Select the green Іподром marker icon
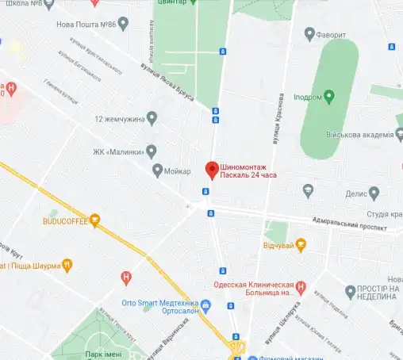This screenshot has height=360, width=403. point(328,96)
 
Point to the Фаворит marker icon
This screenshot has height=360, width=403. point(310,35)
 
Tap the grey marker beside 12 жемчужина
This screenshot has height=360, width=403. point(152,118)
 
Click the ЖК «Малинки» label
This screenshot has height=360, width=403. point(120,149)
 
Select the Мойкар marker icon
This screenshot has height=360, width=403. point(157,170)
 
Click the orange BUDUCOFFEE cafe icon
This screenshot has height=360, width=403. point(94,220)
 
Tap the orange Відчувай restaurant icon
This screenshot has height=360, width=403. point(301,245)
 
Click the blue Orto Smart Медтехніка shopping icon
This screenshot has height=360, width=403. point(205,304)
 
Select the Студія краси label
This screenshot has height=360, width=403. point(384,215)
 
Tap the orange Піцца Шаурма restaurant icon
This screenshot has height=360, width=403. point(68,265)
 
